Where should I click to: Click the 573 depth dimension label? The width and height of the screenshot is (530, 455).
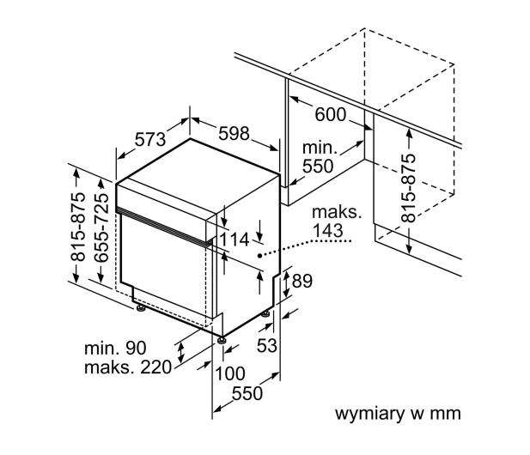(x=150, y=139)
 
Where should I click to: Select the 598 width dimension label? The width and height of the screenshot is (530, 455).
(x=234, y=133)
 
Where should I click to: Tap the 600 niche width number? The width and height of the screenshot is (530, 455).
(x=331, y=114)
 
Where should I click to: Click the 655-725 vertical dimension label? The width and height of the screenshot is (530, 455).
(x=101, y=227)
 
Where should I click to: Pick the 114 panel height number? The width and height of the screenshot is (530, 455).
(x=235, y=240)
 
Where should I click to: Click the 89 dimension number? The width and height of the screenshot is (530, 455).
(x=302, y=281)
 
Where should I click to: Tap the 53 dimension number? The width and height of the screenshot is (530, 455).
(x=266, y=345)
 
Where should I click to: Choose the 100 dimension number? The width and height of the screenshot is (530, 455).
(x=230, y=373)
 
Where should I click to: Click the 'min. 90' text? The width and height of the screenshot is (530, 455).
(x=115, y=348)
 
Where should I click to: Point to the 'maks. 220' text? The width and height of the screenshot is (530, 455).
(x=128, y=367)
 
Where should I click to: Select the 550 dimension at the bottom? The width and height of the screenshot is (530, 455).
(x=247, y=393)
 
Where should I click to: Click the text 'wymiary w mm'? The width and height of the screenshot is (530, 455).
(x=398, y=414)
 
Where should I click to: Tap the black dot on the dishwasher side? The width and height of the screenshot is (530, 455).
(x=259, y=256)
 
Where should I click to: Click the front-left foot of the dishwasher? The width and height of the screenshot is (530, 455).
(x=140, y=308)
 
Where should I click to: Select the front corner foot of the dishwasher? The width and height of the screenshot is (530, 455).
(x=222, y=339)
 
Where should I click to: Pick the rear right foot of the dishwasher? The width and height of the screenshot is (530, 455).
(x=265, y=314)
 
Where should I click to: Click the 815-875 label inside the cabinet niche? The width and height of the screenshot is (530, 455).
(x=409, y=188)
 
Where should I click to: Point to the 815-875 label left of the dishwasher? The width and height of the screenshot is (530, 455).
(x=78, y=227)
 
